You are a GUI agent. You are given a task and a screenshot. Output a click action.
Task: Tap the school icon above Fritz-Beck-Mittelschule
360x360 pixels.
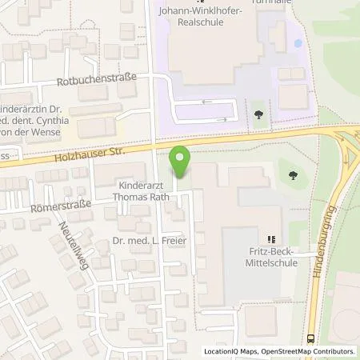(x=270, y=238)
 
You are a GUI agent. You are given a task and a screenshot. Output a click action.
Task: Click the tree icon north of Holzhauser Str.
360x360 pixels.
(x=258, y=114)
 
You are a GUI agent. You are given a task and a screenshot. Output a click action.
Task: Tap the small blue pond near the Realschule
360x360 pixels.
(x=298, y=42)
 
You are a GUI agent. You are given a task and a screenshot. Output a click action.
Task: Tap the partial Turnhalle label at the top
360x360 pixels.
(x=274, y=2)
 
